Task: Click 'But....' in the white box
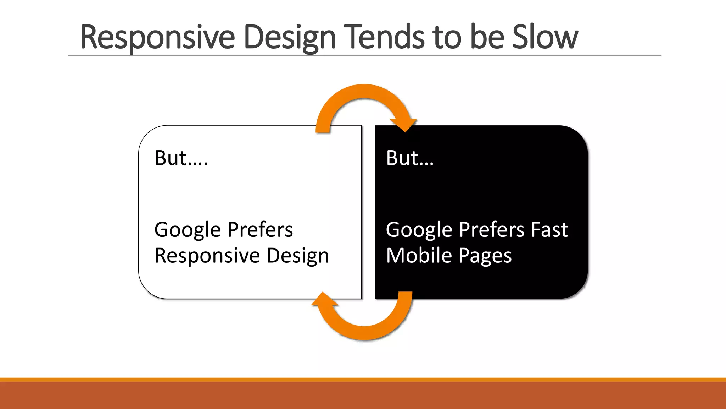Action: point(181,158)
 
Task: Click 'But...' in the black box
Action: point(410,158)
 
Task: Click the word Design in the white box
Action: point(298,256)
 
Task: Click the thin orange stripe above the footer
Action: point(363,380)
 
